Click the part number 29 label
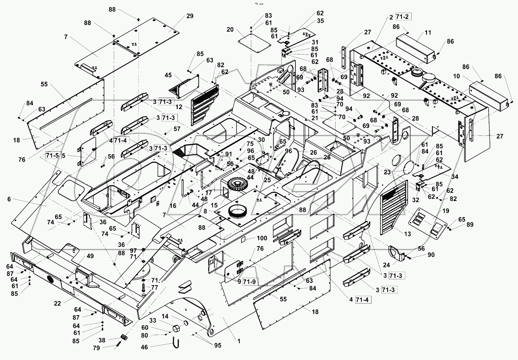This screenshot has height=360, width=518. (189, 16)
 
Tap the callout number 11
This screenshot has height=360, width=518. (428, 33)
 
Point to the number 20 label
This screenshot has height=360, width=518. (230, 30)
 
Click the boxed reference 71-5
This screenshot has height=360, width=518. (53, 155)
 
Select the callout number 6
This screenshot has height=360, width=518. (8, 199)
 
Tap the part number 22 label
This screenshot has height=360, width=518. (57, 304)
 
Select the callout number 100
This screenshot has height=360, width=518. (262, 238)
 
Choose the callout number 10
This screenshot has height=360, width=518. (456, 76)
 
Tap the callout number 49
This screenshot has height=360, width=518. (90, 256)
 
